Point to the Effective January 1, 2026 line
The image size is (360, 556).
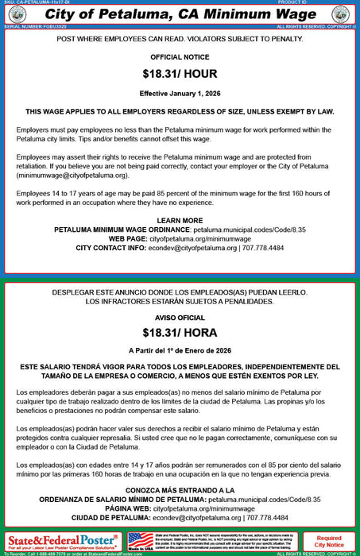(x=180, y=91)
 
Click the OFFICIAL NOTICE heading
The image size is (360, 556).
(x=180, y=57)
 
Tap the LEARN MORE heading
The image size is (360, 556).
(x=180, y=219)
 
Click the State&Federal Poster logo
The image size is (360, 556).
(x=62, y=542)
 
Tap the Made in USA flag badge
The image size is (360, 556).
(x=141, y=542)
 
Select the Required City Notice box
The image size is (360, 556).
(x=328, y=542)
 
